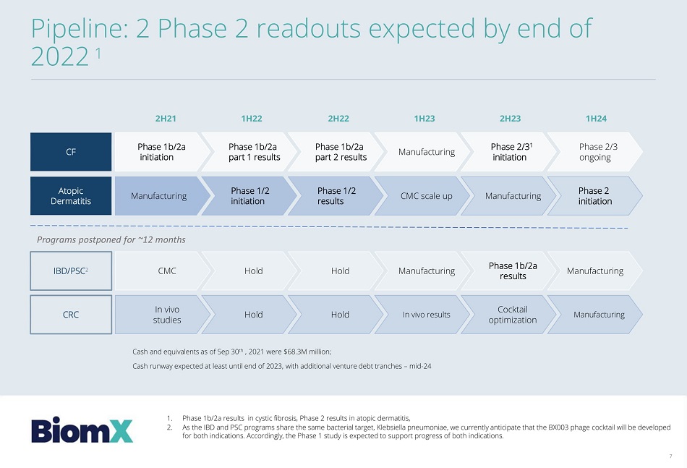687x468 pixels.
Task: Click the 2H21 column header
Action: pos(166,119)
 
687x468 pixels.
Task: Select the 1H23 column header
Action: pos(424,119)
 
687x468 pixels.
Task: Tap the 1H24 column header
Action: pos(596,119)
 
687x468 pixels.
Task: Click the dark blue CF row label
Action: pos(71,152)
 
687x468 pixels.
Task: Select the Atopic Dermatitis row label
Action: pos(71,196)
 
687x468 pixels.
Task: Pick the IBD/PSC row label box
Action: pos(71,271)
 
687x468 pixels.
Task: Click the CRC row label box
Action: pos(71,315)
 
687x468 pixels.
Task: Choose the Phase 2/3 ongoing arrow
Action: pos(595,152)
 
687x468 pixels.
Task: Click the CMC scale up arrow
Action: pos(422,196)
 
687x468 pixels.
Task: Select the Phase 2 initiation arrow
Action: pos(595,196)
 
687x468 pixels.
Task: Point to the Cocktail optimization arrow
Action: pos(508,315)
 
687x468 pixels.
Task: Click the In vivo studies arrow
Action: pos(163,315)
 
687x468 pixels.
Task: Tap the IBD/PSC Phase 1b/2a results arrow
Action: pos(508,271)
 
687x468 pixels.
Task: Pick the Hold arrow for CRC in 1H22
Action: pos(249,315)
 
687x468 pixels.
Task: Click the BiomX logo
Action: pos(82,431)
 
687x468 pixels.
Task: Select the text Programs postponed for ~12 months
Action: pos(111,239)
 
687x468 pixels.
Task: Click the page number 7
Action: pos(670,456)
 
